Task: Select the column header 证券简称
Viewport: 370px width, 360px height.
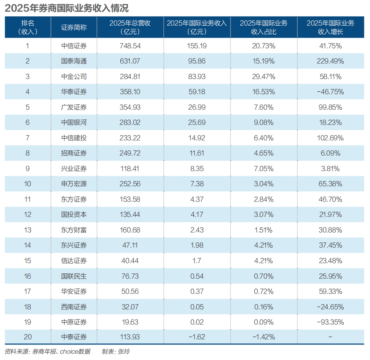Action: point(74,27)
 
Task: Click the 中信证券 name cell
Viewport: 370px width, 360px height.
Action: point(74,46)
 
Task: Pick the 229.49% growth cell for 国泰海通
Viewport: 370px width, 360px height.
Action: point(330,61)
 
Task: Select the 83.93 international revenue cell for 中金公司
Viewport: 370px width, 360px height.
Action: point(197,77)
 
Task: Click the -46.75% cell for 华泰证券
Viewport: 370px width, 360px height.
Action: point(330,92)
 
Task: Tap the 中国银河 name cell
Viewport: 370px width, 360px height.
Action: point(74,123)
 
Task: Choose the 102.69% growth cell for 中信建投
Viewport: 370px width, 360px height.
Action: point(330,138)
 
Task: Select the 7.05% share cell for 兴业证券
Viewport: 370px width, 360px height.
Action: point(263,169)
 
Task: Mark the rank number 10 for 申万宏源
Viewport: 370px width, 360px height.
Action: point(27,184)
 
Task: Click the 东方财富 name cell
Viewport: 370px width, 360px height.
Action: point(74,230)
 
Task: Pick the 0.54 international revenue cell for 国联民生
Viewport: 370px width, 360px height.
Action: point(197,276)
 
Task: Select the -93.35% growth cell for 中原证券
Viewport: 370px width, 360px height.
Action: point(330,322)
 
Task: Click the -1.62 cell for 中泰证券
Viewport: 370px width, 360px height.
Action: point(197,337)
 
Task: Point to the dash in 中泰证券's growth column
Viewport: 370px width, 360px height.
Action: point(330,337)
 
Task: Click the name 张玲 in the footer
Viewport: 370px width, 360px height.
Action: point(123,352)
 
